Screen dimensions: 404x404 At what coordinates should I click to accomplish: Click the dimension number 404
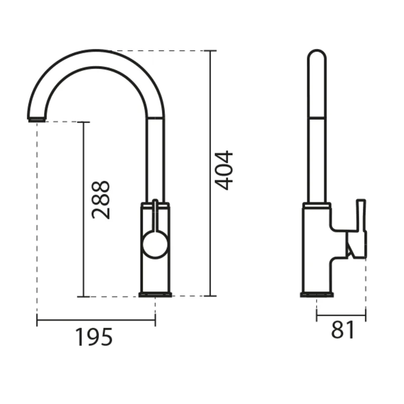224,171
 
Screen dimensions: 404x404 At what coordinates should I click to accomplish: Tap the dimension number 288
100,200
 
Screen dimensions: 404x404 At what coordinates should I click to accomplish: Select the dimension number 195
94,337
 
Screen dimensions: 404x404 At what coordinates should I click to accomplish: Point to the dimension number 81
343,330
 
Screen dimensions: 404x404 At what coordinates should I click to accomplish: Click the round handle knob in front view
155,244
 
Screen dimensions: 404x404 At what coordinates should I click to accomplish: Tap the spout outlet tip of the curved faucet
37,119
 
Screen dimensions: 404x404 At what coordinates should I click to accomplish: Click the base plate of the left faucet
155,295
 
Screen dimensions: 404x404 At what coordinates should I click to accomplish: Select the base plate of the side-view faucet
317,295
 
